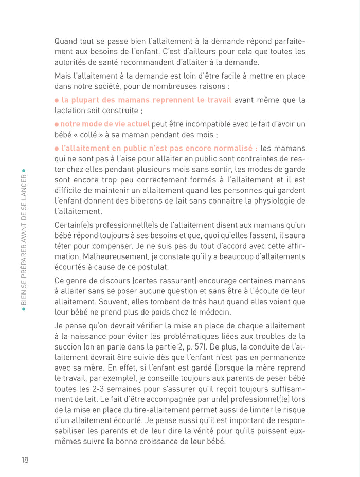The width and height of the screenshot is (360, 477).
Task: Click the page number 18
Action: [x=25, y=460]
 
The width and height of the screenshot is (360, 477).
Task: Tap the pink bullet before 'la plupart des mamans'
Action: [x=57, y=100]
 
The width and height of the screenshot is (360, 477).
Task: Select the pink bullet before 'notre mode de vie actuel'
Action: [x=57, y=124]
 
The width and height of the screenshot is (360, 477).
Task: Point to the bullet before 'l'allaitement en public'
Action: [x=57, y=148]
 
